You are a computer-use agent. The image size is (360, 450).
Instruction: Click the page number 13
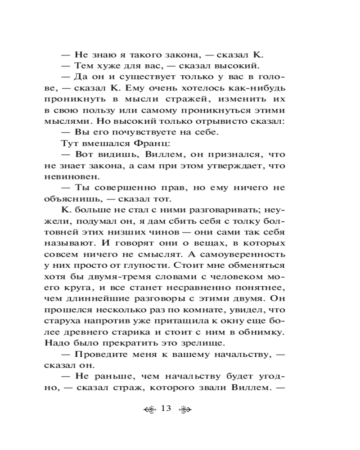point(166,409)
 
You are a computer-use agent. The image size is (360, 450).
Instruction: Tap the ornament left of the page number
point(148,409)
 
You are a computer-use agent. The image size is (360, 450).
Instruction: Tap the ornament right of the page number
point(185,409)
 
